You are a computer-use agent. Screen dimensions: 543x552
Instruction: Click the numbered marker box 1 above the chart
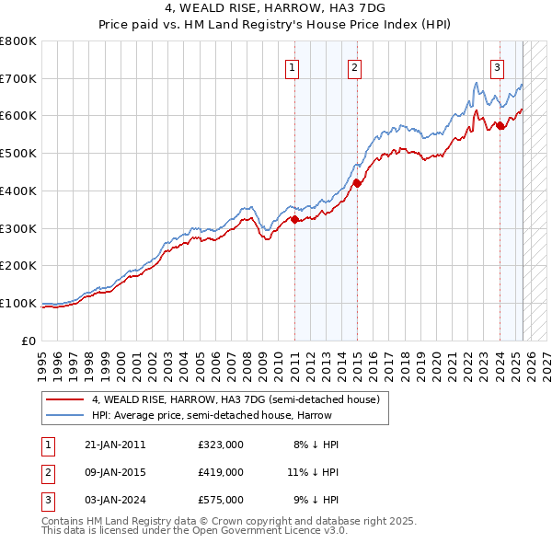click(x=292, y=65)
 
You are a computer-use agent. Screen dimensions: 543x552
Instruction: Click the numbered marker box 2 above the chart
click(x=354, y=65)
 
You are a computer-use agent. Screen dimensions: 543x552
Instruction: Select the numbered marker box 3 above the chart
click(x=497, y=65)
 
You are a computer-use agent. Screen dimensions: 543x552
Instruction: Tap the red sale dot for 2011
click(x=294, y=219)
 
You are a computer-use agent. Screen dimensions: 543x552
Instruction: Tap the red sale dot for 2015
click(x=357, y=183)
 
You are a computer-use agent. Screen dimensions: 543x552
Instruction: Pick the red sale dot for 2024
click(x=500, y=125)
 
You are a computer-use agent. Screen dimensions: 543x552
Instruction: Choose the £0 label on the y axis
click(x=29, y=341)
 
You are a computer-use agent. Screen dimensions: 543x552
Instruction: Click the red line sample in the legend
click(x=64, y=399)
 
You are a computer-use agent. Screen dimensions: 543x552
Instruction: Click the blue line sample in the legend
click(x=64, y=415)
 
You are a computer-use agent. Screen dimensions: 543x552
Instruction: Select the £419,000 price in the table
click(x=220, y=472)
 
